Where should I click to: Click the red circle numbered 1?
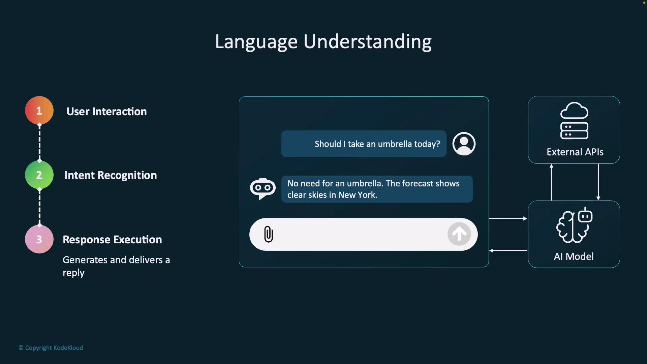[39, 111]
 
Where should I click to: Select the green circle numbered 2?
[39, 175]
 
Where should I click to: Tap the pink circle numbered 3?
[39, 239]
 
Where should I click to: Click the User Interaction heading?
[106, 112]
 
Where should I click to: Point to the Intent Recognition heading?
[111, 175]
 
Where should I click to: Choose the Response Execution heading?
[112, 240]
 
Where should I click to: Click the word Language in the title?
[256, 42]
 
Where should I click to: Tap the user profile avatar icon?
[464, 144]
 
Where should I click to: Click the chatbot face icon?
[263, 188]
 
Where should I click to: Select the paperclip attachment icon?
[269, 234]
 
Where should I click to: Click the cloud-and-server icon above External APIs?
[574, 121]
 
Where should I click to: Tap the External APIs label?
[575, 152]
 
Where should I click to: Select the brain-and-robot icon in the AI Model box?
[574, 225]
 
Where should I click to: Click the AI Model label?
[574, 256]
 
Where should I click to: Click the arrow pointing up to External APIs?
[551, 182]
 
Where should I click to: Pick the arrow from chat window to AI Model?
[508, 219]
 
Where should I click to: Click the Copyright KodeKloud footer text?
[51, 348]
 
